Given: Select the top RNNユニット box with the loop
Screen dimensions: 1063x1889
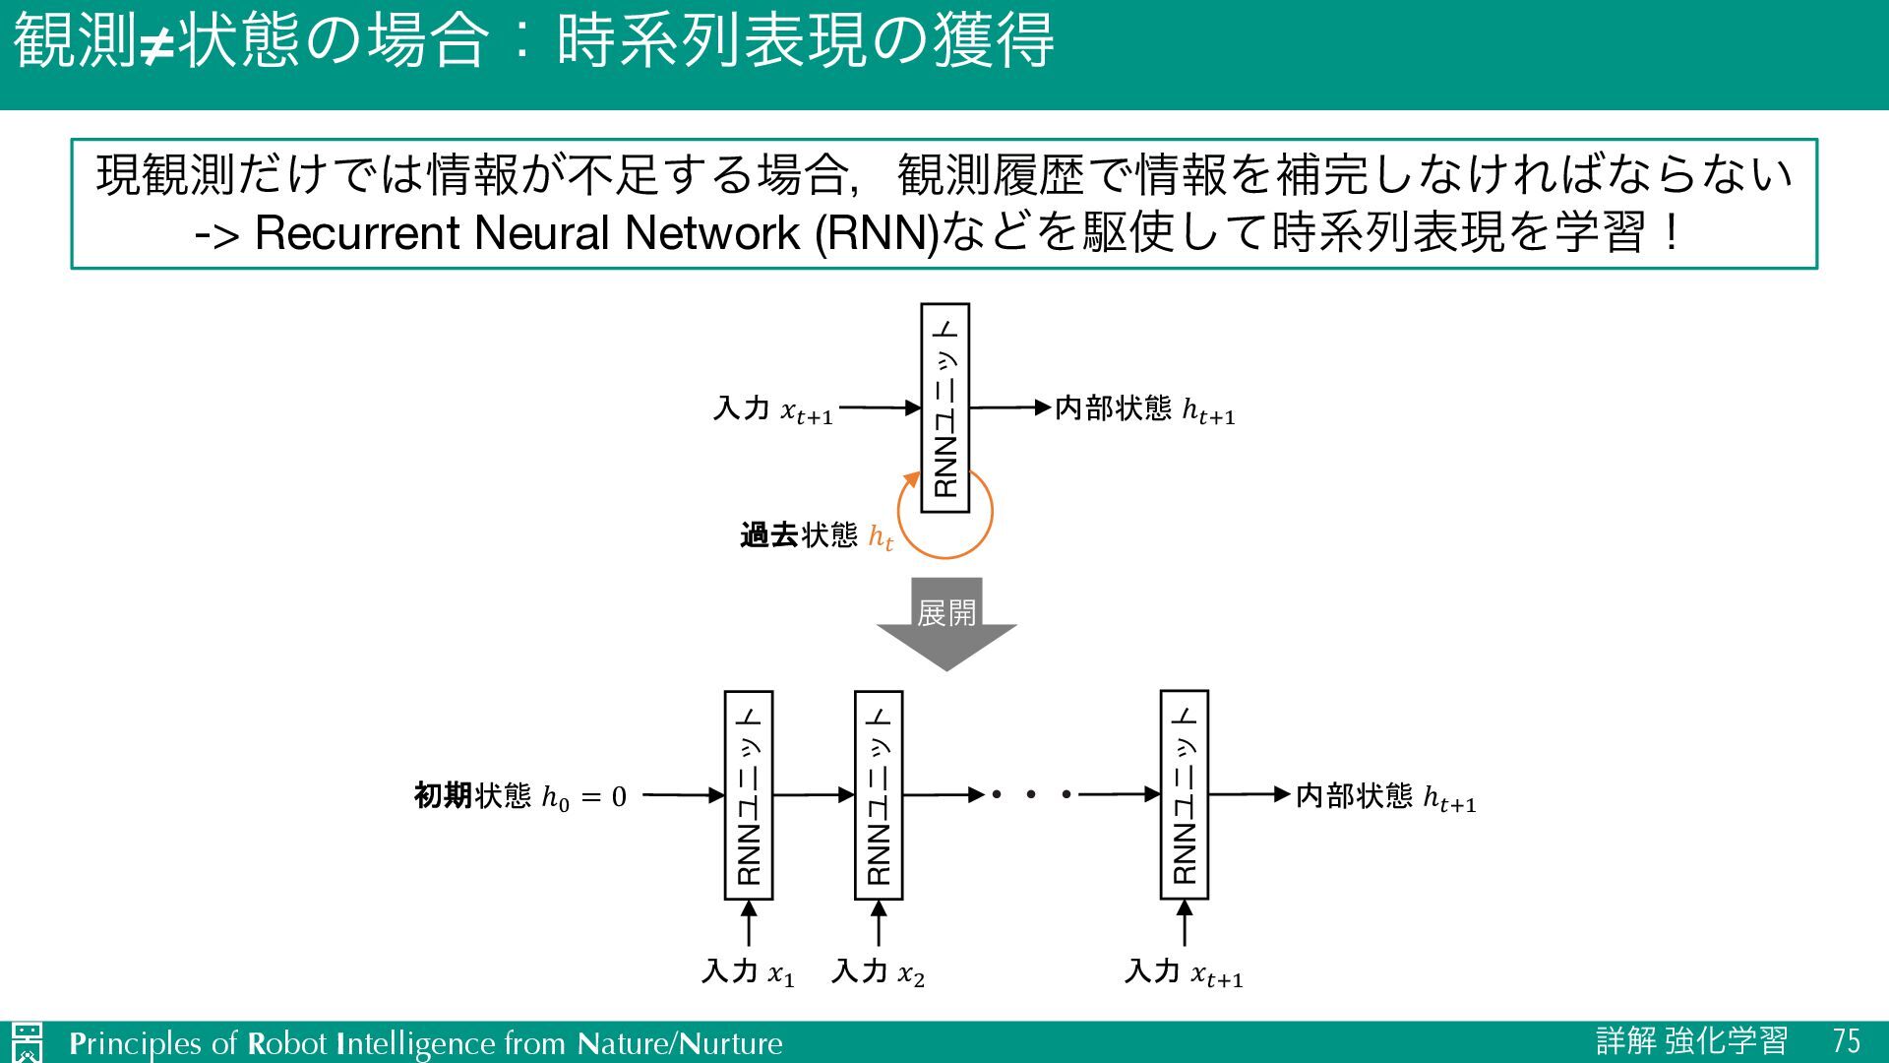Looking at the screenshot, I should tap(944, 407).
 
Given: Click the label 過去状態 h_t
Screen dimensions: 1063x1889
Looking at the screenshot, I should tap(816, 535).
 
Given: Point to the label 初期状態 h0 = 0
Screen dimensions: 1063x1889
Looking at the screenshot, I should tap(519, 795).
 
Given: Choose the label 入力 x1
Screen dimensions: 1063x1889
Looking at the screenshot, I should tap(748, 972).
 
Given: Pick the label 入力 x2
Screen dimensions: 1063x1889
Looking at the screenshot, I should tap(878, 972).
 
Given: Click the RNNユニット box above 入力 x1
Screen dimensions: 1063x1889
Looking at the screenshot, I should tap(749, 795).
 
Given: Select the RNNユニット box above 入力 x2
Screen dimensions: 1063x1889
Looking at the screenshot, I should tap(879, 795).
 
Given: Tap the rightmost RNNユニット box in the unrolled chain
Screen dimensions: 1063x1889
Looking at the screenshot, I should tap(1185, 795).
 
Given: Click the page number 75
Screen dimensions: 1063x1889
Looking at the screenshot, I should tap(1846, 1041).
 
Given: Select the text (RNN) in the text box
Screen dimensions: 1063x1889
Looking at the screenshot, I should tap(877, 233).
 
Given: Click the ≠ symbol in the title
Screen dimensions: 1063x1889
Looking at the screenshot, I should tap(155, 44).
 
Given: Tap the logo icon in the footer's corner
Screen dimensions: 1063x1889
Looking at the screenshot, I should tap(28, 1041).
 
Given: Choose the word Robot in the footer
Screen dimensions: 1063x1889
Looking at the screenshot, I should tap(286, 1043).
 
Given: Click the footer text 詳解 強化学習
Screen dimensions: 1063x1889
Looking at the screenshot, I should tap(1691, 1041).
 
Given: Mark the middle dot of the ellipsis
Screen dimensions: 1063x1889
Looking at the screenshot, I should tap(1031, 793).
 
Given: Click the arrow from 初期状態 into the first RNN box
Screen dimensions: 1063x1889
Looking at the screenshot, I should tap(683, 794).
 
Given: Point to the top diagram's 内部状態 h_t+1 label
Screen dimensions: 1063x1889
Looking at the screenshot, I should tap(1144, 408).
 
